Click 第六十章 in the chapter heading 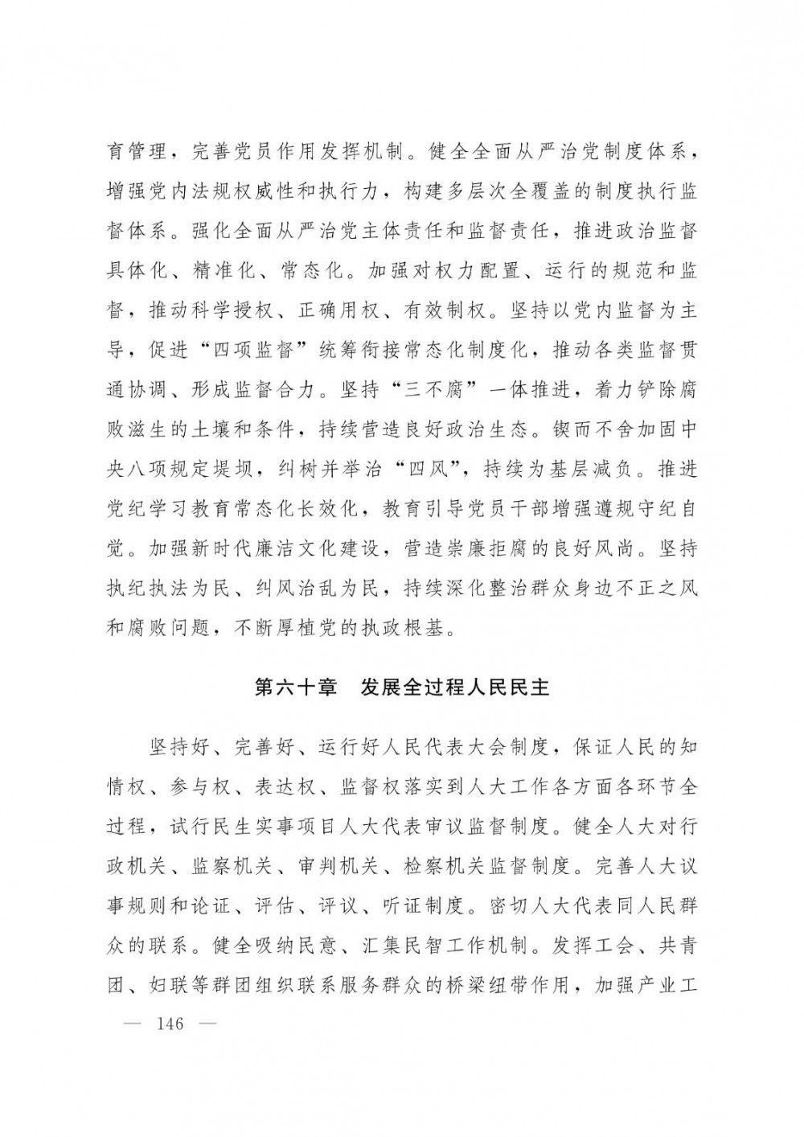(x=295, y=689)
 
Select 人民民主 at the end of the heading (x=508, y=689)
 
